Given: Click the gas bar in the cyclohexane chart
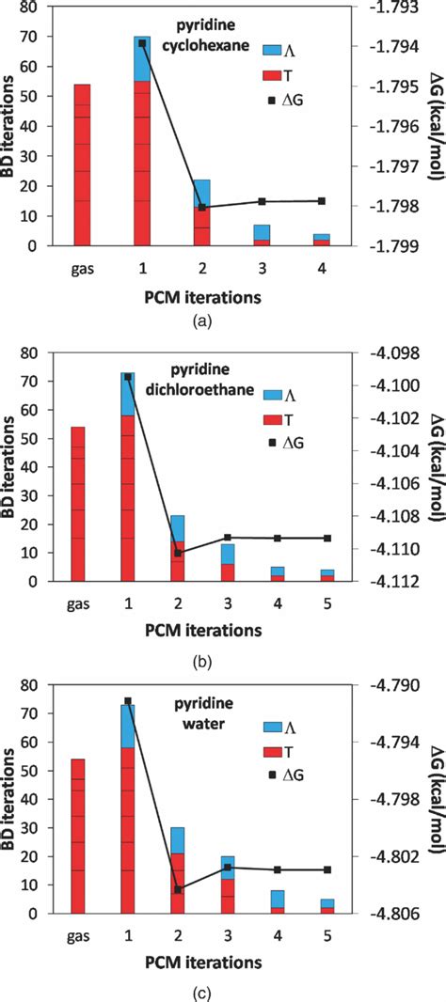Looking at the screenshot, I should (x=82, y=164).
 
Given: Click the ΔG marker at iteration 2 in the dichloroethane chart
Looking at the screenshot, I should (x=179, y=554).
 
